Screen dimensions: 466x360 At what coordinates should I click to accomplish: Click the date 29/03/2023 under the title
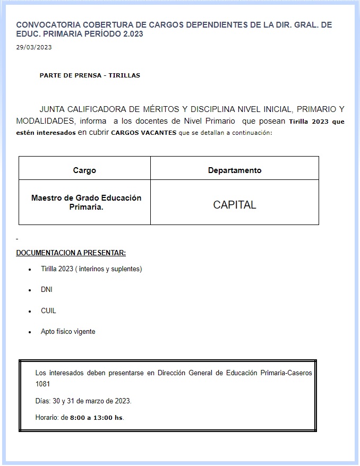point(34,47)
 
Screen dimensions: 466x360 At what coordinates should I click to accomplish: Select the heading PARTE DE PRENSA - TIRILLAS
point(90,75)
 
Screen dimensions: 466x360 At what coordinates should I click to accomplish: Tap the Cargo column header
point(84,170)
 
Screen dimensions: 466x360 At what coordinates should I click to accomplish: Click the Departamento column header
point(235,170)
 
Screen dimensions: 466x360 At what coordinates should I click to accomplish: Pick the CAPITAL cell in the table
point(235,205)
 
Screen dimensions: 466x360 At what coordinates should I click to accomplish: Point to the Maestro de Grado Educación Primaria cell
point(86,202)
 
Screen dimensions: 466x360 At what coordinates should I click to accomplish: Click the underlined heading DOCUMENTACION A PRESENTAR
point(71,253)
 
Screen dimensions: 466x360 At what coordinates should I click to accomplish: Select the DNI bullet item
point(47,290)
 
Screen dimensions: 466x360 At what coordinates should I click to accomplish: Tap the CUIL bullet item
point(48,310)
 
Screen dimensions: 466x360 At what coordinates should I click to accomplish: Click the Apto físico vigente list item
point(68,332)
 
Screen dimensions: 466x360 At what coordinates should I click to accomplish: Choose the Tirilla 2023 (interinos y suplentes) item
point(91,269)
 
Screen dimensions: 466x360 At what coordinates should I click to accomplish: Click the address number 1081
point(43,384)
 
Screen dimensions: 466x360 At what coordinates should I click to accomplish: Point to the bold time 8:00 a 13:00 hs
point(97,418)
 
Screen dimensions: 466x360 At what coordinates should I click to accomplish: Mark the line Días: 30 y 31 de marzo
point(83,401)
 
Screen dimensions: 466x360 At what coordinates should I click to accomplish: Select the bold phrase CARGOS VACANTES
point(144,133)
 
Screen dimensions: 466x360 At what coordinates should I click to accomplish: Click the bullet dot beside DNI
point(30,291)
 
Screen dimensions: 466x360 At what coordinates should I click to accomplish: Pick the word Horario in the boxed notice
point(47,418)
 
